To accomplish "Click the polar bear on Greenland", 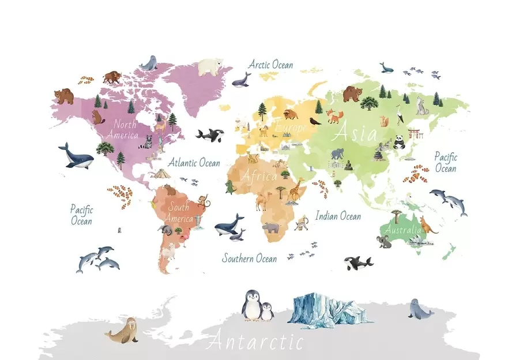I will (x=210, y=66).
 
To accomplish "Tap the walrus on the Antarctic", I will (x=122, y=330).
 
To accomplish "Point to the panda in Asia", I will (x=399, y=141).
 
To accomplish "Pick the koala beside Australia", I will (x=384, y=241).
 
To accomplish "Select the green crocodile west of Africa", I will (x=231, y=187).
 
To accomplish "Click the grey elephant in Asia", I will (x=337, y=154).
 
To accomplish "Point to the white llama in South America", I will (x=168, y=252).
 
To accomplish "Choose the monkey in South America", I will (x=203, y=201).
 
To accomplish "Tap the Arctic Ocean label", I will (x=270, y=65).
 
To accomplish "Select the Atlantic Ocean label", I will (x=194, y=163).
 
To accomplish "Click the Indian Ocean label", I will (x=339, y=216).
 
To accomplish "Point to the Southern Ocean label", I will (x=249, y=258).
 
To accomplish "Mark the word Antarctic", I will (x=254, y=342).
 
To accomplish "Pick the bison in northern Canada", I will (x=112, y=77).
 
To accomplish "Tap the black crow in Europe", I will (x=314, y=121).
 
